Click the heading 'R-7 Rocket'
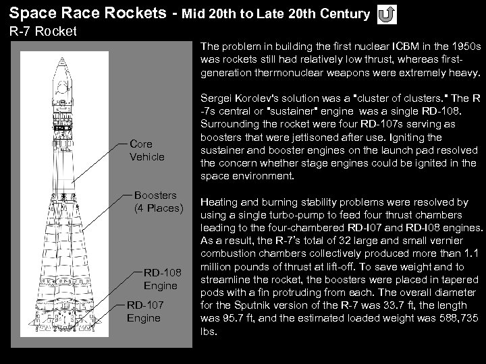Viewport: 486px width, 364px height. (43, 31)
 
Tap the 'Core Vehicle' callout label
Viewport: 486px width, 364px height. (146, 150)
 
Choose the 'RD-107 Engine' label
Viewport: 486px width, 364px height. (144, 312)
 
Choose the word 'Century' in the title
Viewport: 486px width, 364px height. (344, 13)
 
